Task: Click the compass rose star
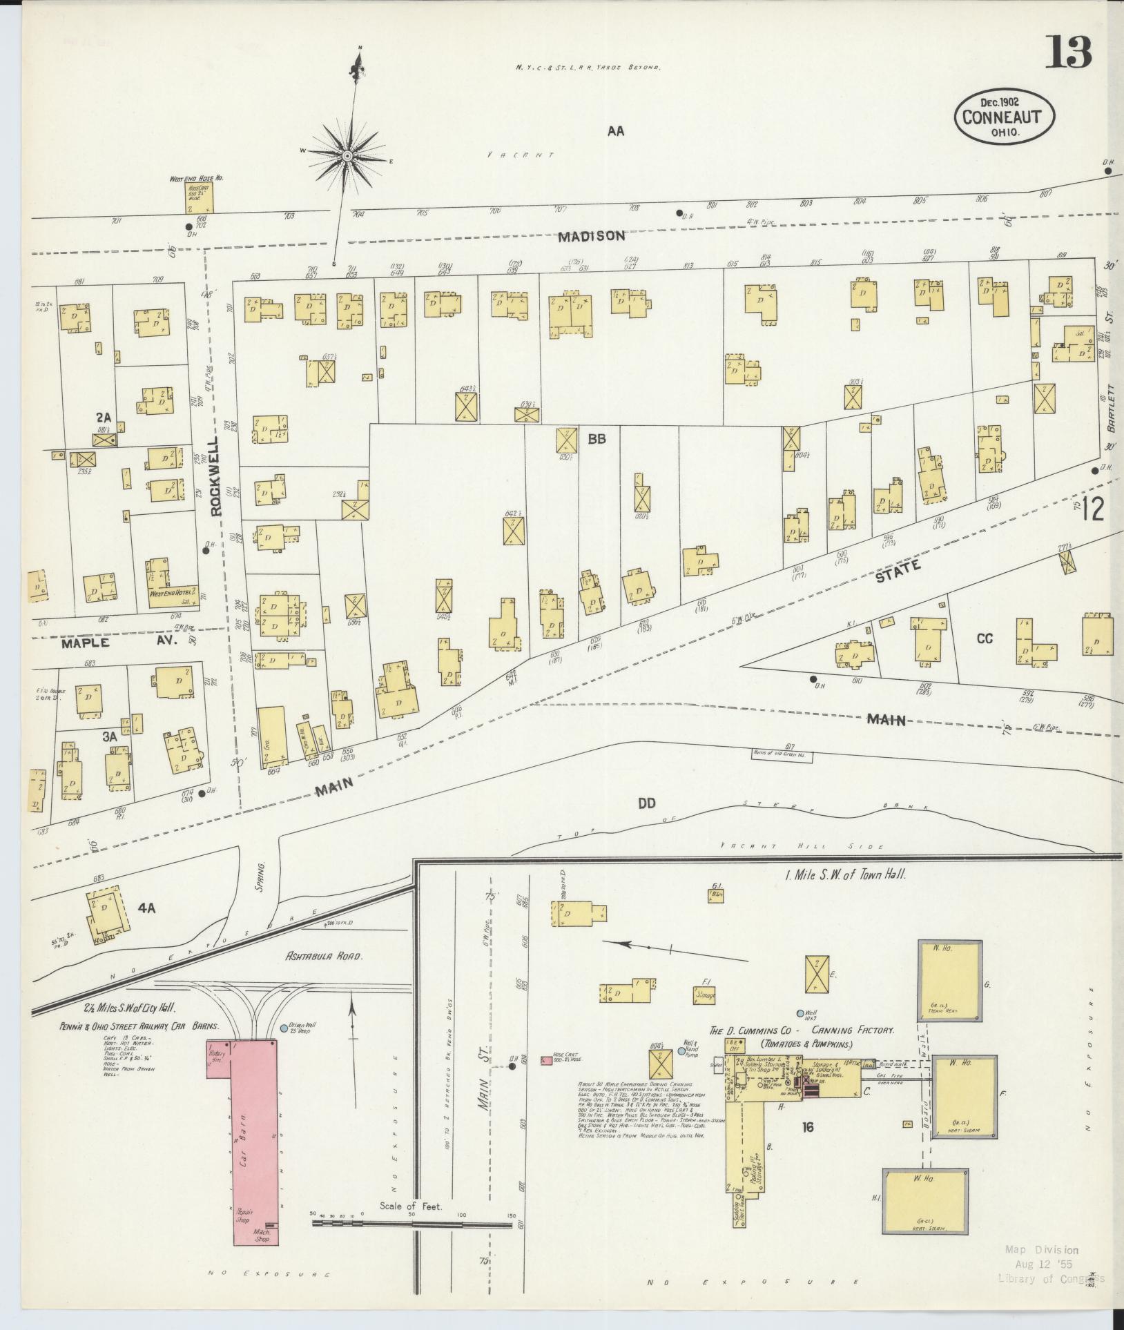(x=347, y=157)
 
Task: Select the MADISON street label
(x=592, y=236)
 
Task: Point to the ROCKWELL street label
(x=217, y=476)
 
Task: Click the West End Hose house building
(x=198, y=197)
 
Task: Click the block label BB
(x=597, y=438)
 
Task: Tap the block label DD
(x=646, y=803)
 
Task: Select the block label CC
(x=984, y=638)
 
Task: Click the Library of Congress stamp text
(x=1051, y=1278)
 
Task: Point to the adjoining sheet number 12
(x=1093, y=510)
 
